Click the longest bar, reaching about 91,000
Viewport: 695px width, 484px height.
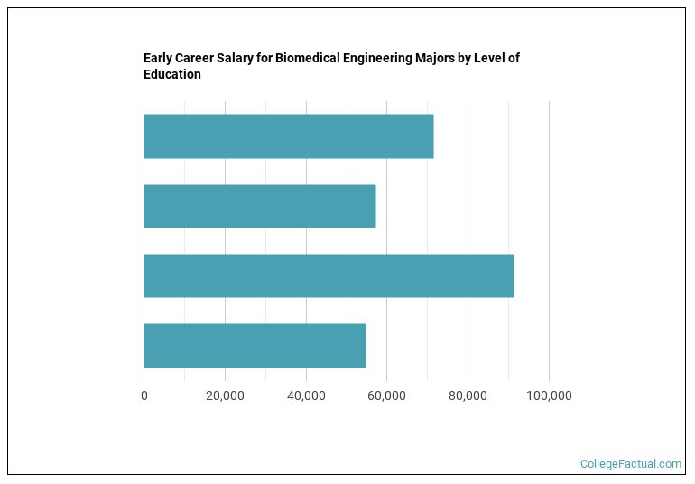point(329,275)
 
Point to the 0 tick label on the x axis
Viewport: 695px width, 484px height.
point(144,396)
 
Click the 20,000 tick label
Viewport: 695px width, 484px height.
point(225,396)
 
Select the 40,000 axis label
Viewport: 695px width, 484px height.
point(306,396)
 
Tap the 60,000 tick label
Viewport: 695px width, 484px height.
point(387,396)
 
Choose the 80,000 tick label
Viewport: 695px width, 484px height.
point(468,396)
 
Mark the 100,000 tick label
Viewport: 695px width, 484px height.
point(549,396)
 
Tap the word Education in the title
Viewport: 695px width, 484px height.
point(171,75)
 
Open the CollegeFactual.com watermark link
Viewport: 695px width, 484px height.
point(630,464)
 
